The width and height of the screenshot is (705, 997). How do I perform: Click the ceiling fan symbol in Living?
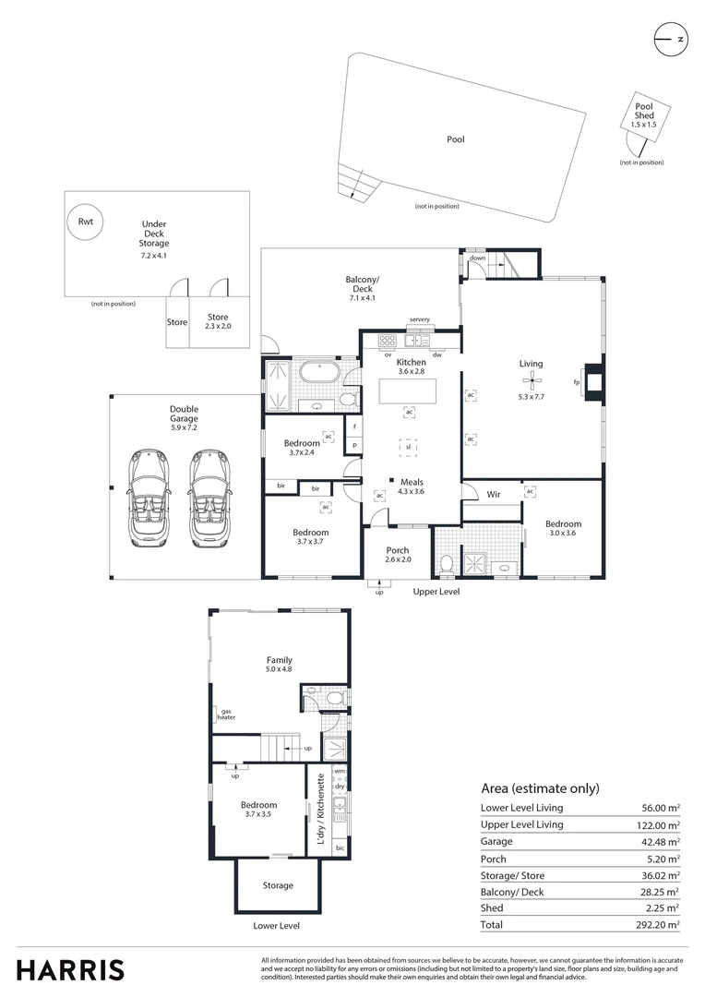click(x=532, y=380)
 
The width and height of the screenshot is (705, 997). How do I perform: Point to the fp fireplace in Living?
click(x=592, y=381)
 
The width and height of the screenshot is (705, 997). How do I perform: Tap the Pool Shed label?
click(x=643, y=111)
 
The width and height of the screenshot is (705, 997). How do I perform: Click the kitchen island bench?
click(x=408, y=394)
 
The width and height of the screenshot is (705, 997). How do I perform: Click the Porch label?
click(x=398, y=550)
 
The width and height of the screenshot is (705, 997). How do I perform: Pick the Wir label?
click(x=494, y=495)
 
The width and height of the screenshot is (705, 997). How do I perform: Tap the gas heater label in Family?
click(x=226, y=714)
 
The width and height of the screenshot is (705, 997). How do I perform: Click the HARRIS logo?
click(x=71, y=969)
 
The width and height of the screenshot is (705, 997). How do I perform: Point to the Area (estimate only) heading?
click(x=540, y=788)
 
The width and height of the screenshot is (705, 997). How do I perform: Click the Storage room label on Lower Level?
click(x=278, y=885)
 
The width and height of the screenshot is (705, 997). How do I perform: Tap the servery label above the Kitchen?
click(x=420, y=319)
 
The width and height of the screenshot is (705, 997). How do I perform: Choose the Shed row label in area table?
click(x=492, y=907)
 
